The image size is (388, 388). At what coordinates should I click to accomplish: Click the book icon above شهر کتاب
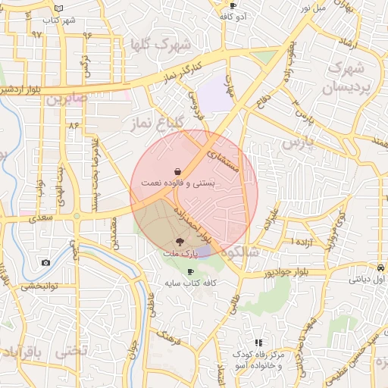(59, 8)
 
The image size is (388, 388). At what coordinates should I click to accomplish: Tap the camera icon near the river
(45, 262)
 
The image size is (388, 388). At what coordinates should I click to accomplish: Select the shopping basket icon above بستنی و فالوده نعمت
(177, 171)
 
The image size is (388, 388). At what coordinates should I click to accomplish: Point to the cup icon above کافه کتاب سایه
(189, 271)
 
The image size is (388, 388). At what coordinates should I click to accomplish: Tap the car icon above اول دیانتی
(378, 267)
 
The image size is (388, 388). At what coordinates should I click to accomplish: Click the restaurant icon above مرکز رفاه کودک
(258, 343)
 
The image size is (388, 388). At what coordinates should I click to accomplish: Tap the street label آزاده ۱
(282, 240)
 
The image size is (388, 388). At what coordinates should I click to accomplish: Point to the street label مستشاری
(227, 153)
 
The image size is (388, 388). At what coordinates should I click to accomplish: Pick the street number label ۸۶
(74, 124)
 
